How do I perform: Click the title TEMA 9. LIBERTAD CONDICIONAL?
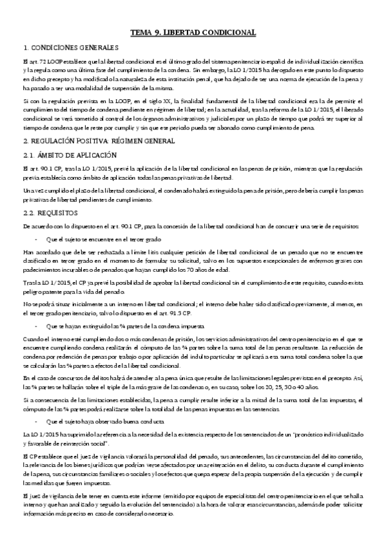(193, 32)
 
